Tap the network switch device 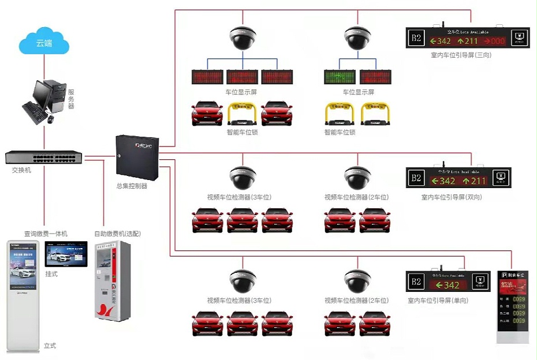pos(44,157)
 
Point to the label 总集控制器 pos(132,186)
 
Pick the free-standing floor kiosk pos(24,294)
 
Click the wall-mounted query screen pos(66,254)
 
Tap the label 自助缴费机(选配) pos(118,234)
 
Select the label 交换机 pos(23,171)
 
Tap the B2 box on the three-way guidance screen pos(416,39)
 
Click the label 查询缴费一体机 pos(46,234)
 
